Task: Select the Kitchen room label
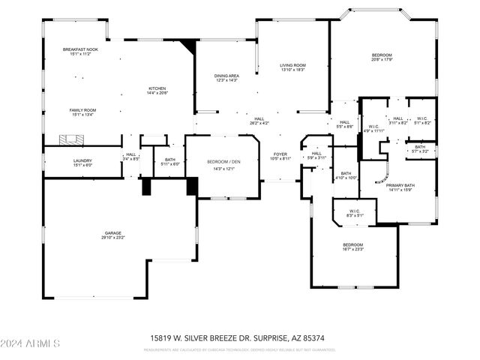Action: [x=157, y=90]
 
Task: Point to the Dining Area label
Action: [x=226, y=77]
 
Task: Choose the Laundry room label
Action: [x=82, y=163]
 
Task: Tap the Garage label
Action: [x=113, y=235]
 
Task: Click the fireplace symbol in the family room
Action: [x=73, y=138]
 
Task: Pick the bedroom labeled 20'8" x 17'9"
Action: [x=382, y=58]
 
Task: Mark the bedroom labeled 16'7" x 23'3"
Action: [x=352, y=247]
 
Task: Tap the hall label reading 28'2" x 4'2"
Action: [x=259, y=121]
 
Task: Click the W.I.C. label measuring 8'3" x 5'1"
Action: [x=354, y=213]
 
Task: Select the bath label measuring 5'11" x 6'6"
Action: [x=169, y=161]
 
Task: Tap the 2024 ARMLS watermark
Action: [x=30, y=343]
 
